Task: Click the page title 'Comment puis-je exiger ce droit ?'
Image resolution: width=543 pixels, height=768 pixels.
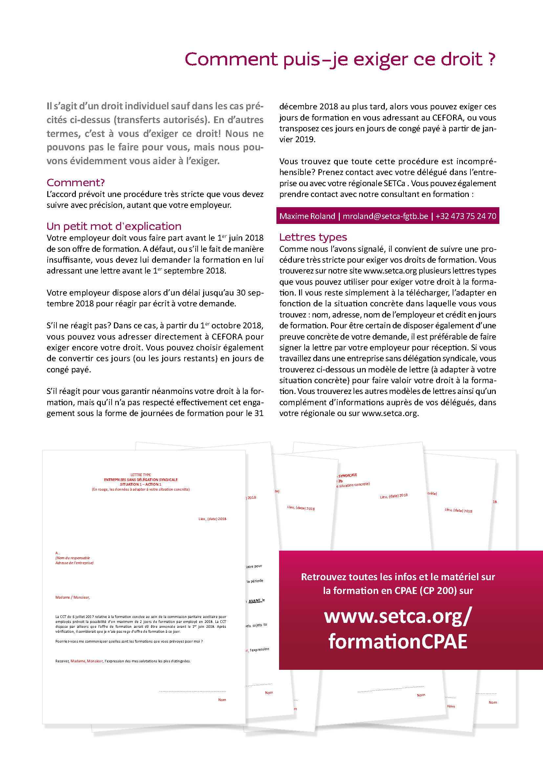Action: pos(340,59)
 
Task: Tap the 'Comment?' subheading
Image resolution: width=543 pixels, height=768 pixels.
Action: pos(76,183)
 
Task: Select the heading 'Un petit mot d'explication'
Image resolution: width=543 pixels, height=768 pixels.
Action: pos(114,227)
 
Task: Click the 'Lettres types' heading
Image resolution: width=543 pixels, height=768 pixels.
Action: pos(313,237)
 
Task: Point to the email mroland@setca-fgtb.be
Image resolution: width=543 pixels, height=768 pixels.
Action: pos(385,216)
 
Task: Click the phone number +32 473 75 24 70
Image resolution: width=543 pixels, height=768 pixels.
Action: pos(466,216)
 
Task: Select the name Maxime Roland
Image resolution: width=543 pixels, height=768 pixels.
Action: pos(307,216)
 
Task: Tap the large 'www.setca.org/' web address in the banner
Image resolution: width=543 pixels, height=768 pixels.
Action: pos(398,616)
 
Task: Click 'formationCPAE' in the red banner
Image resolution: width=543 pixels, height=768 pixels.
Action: pos(398,641)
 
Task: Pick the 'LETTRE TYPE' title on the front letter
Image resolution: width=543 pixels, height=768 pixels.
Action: pos(141,475)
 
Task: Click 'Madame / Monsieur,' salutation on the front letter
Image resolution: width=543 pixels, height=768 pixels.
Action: pos(73,597)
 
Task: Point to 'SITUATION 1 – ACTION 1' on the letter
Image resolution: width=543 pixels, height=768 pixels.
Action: pos(141,484)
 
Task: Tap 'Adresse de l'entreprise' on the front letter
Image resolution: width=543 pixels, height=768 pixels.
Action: pos(74,563)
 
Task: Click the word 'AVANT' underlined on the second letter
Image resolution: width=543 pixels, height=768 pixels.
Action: pos(255,601)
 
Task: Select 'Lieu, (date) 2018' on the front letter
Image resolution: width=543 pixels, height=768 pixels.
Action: pos(212,519)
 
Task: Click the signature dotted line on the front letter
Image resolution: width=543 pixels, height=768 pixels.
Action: pos(193,691)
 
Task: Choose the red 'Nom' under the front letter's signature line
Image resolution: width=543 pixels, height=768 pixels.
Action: pos(222,700)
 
